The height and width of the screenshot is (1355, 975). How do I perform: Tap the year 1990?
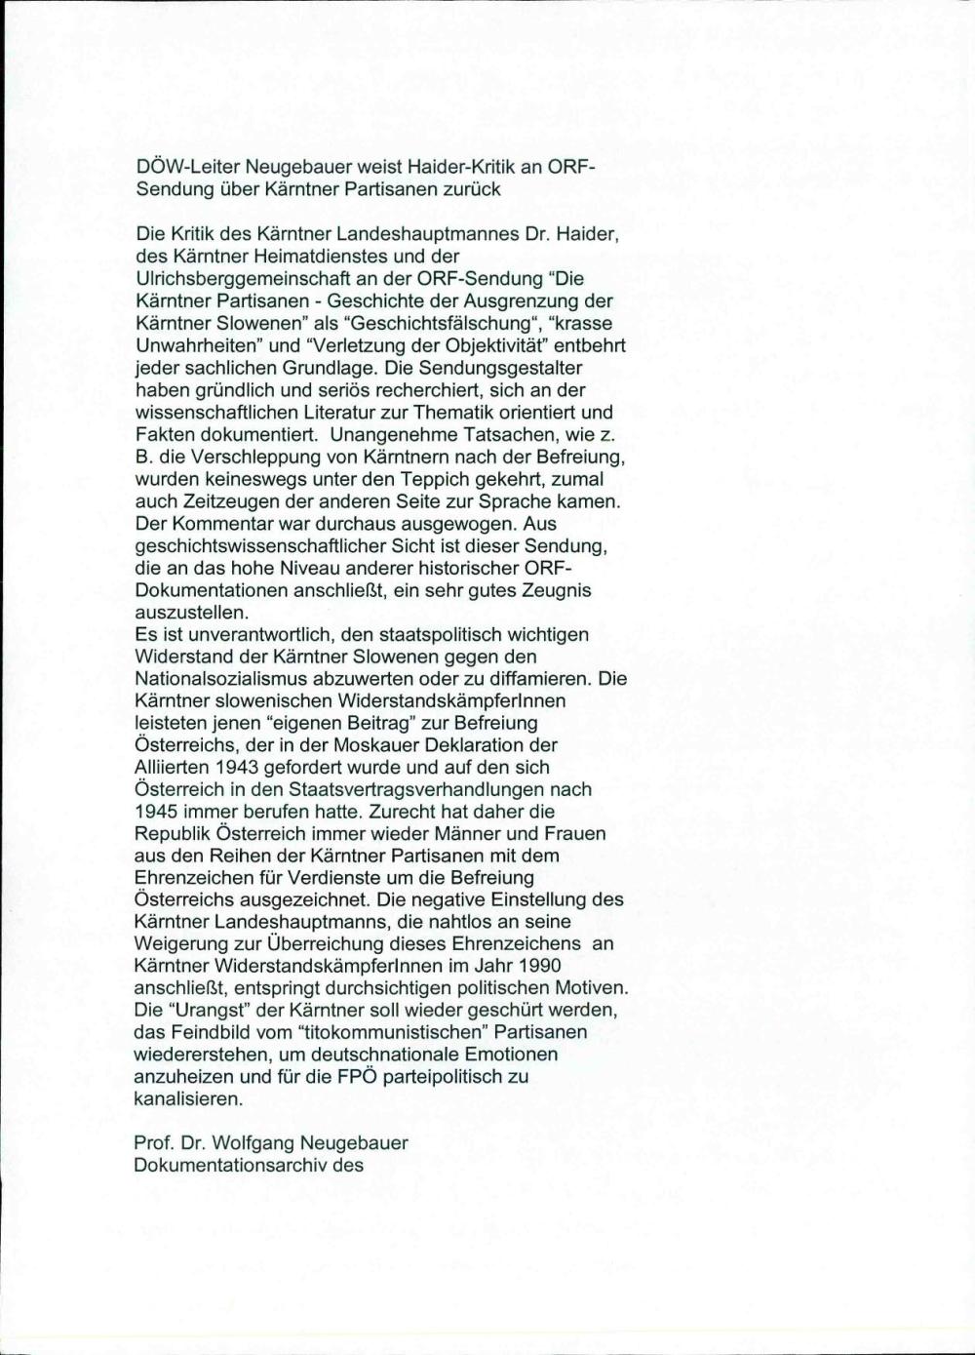(539, 966)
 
